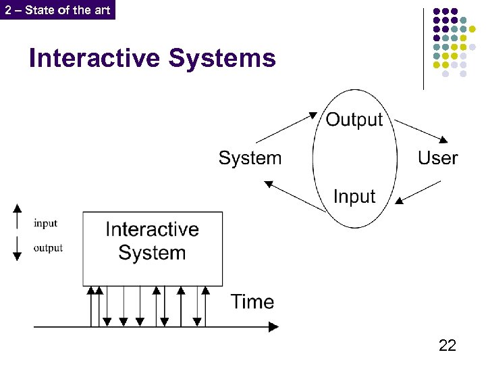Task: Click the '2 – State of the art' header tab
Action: [x=57, y=9]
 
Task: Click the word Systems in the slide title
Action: [x=222, y=58]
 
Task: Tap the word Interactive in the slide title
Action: [x=94, y=58]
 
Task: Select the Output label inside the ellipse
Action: [x=354, y=120]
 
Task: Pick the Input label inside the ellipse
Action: [x=354, y=197]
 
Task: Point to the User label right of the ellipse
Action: [x=437, y=158]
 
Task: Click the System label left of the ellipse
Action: [x=250, y=158]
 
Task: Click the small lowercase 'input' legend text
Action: [x=46, y=224]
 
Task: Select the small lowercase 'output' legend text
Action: [x=48, y=248]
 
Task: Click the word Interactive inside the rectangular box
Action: [x=152, y=229]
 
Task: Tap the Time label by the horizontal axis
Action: [x=252, y=301]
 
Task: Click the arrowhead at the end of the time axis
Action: [x=273, y=327]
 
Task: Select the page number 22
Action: [x=447, y=345]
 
